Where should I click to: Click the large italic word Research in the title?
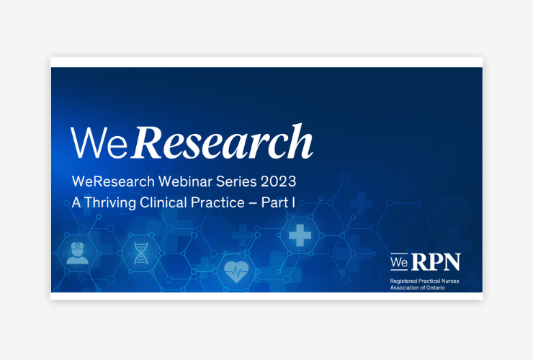pos(222,142)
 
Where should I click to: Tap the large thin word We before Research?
pos(99,143)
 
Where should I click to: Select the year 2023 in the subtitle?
pos(279,181)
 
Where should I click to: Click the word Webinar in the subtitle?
pos(185,181)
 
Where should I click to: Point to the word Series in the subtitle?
pos(236,181)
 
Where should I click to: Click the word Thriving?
pos(110,203)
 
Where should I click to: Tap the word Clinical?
pos(164,202)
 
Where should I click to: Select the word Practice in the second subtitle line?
pos(218,202)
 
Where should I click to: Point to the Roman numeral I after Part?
pos(293,202)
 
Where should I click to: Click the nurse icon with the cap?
pos(78,253)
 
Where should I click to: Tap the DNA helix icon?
pos(141,253)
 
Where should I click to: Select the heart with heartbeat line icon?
pos(236,271)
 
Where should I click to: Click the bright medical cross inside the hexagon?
pos(300,235)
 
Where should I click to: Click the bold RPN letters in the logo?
pos(436,262)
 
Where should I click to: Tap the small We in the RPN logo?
pos(399,262)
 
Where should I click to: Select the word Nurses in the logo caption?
pos(449,281)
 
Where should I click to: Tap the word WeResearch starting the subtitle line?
pos(113,181)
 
